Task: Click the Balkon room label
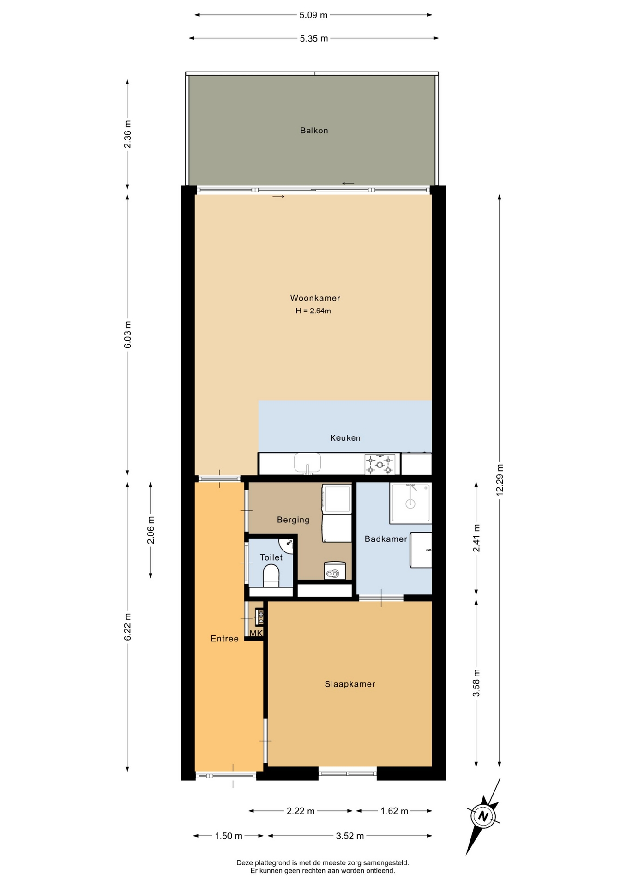[314, 131]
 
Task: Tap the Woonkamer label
[315, 298]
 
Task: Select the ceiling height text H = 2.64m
[313, 311]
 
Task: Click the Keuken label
[345, 438]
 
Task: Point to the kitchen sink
[307, 463]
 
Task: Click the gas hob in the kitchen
[380, 464]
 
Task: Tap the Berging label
[293, 520]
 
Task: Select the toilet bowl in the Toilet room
[271, 577]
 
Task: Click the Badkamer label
[386, 539]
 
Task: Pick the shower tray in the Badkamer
[410, 503]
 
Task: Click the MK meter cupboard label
[256, 633]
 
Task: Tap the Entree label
[224, 639]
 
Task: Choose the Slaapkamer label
[350, 684]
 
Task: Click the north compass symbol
[483, 816]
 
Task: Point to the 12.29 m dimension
[500, 480]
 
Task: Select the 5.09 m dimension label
[313, 15]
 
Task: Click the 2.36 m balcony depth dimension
[127, 134]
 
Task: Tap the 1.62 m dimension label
[394, 811]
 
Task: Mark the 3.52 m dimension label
[350, 836]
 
